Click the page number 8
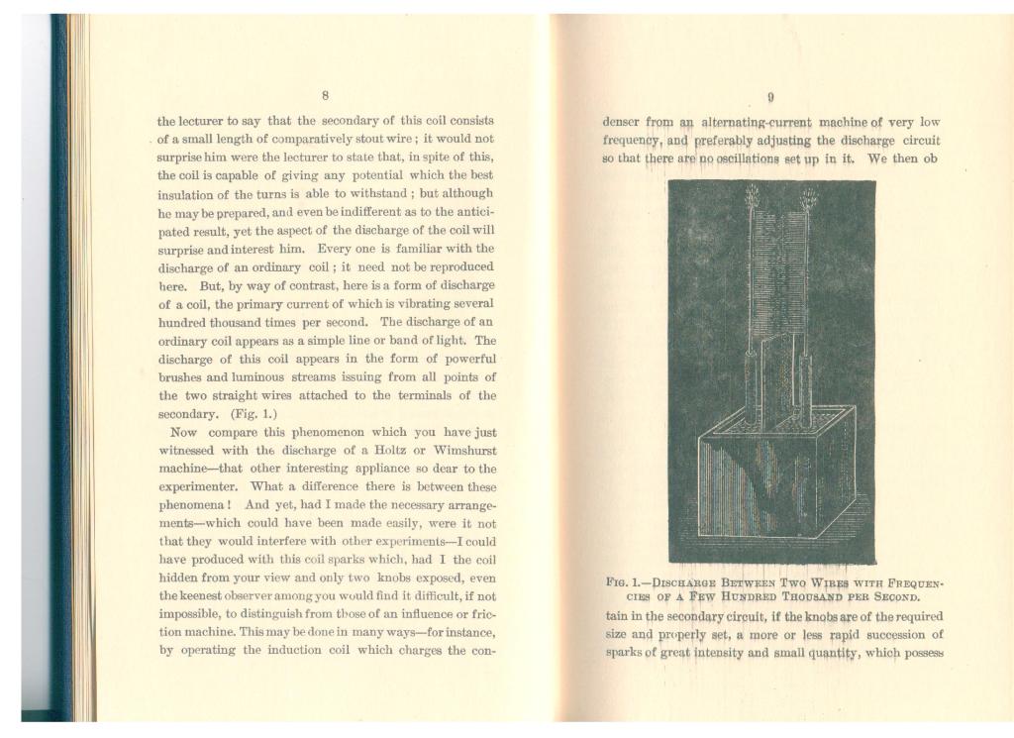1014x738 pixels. click(x=325, y=95)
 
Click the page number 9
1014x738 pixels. click(x=770, y=97)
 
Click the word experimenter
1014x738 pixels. click(x=198, y=487)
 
